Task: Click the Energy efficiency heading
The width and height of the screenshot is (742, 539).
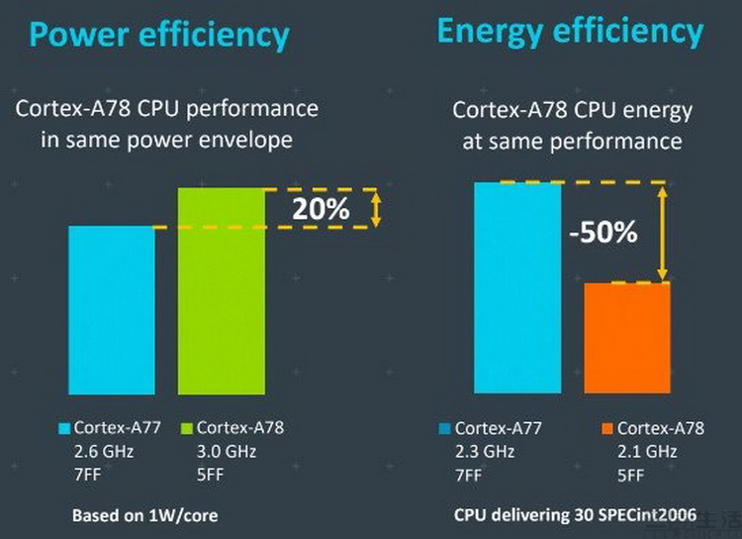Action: pos(570,31)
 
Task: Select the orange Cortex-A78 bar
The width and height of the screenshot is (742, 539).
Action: pos(627,339)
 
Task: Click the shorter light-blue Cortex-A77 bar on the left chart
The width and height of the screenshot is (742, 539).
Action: pos(111,310)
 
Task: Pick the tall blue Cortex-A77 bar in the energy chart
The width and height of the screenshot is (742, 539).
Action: pos(517,288)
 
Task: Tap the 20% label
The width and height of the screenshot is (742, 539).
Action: pos(320,209)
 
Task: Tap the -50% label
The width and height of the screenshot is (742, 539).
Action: pos(603,234)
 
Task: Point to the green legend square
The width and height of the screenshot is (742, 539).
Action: pos(185,428)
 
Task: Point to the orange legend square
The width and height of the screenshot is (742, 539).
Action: pos(605,429)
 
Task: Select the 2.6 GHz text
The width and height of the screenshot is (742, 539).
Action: pos(105,451)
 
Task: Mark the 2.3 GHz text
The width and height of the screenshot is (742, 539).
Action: pos(484,452)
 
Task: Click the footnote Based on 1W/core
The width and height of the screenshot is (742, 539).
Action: pos(144,515)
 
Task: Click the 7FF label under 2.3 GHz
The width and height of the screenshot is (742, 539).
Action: pos(468,474)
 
